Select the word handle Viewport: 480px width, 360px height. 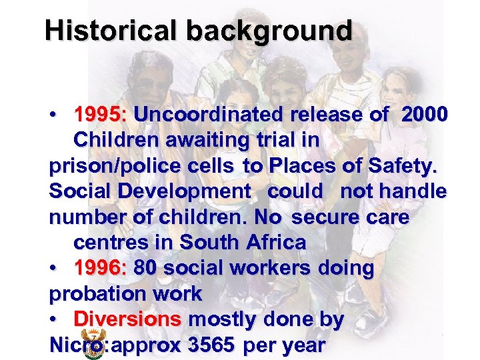pyautogui.click(x=413, y=191)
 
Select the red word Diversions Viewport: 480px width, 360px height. pyautogui.click(x=127, y=319)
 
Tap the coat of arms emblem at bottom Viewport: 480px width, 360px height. pyautogui.click(x=93, y=343)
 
